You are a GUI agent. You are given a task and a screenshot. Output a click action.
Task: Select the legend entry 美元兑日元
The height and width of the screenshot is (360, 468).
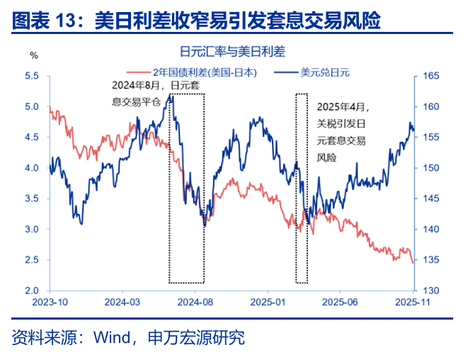325,72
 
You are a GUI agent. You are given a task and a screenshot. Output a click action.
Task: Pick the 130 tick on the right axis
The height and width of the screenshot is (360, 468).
431,291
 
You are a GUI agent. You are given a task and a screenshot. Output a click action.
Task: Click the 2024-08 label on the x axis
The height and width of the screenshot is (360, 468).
195,303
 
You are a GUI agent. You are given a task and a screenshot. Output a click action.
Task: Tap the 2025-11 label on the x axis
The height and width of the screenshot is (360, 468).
413,303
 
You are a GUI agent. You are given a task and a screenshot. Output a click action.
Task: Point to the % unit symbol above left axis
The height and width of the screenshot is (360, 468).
33,55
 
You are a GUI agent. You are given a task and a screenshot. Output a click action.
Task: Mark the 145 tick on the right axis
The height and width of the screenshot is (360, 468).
431,199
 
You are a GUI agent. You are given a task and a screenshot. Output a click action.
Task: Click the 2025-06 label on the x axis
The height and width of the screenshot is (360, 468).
340,303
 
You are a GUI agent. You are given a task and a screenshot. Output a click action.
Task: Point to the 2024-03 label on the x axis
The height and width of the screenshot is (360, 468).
122,303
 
